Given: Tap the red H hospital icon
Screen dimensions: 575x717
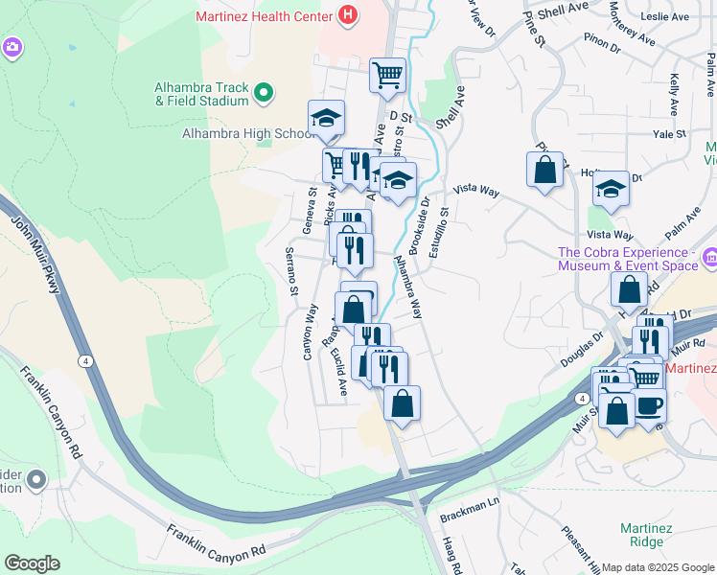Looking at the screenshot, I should point(347,15).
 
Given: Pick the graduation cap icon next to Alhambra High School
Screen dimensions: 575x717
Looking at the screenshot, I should point(326,119).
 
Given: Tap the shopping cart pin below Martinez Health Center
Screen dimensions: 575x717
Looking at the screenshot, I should point(387,75).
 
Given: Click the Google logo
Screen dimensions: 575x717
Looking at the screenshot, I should point(32,563).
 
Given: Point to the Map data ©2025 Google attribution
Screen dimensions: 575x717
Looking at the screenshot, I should point(657,567).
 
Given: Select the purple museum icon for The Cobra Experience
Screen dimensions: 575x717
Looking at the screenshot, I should point(708,257).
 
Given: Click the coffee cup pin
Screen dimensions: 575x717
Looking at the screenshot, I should point(649,403).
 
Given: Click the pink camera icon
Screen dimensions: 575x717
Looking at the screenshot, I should point(12,46).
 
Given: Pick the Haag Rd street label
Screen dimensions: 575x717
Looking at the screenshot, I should point(452,554).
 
